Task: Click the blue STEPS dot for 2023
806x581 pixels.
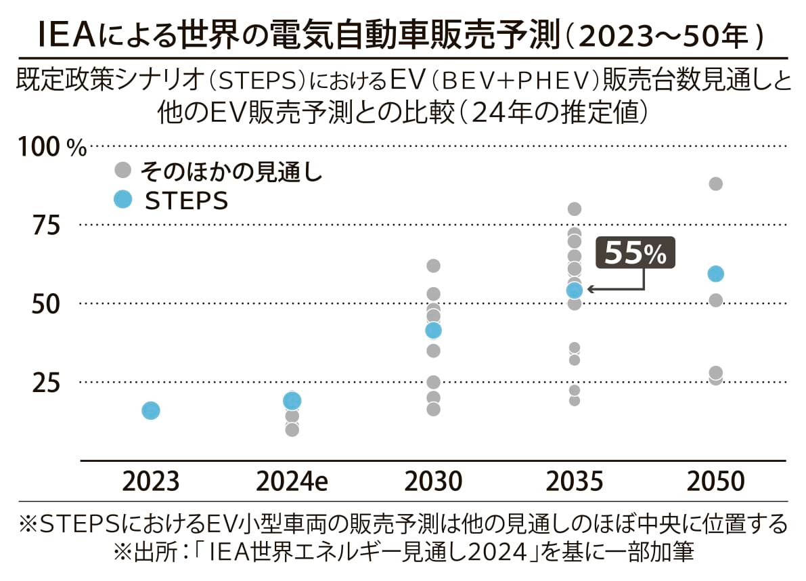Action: click(x=150, y=410)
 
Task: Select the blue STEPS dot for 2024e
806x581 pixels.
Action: click(x=292, y=401)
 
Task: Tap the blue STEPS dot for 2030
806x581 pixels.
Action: click(x=433, y=330)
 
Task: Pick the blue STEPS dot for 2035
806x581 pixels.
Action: click(x=574, y=290)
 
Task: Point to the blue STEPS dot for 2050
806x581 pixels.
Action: click(x=715, y=274)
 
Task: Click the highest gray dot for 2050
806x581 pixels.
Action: click(x=715, y=184)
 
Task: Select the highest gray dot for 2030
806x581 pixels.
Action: click(x=433, y=265)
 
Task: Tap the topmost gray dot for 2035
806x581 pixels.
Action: click(x=574, y=209)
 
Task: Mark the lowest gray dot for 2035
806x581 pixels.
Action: click(x=574, y=400)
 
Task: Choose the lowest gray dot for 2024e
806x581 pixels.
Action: click(x=292, y=429)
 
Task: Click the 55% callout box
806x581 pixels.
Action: click(x=635, y=253)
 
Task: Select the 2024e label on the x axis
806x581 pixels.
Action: click(x=292, y=481)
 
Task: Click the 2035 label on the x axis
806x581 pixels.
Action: click(x=574, y=481)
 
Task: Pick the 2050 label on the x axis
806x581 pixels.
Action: click(x=715, y=481)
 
